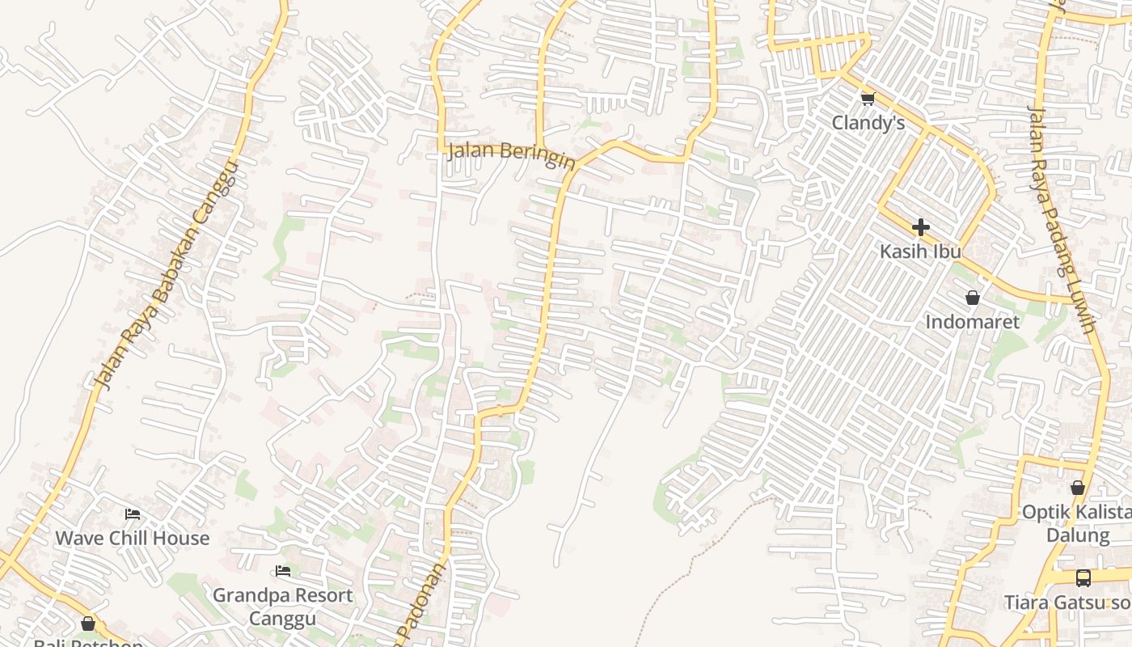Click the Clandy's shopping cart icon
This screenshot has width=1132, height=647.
[x=868, y=99]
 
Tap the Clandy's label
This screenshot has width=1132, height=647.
[x=868, y=123]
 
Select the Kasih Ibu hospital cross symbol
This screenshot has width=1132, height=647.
[x=920, y=227]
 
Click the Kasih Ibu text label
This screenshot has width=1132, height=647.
[x=920, y=251]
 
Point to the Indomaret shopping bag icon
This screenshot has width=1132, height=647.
[x=973, y=298]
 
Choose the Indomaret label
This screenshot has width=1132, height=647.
[x=972, y=321]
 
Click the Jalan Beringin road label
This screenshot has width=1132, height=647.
[x=511, y=153]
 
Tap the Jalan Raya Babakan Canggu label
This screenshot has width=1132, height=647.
[x=167, y=275]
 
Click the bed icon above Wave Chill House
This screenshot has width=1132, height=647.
[x=133, y=514]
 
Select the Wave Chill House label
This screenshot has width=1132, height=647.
[x=132, y=538]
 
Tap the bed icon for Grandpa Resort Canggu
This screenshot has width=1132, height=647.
[x=283, y=571]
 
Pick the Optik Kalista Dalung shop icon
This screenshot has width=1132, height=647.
[x=1077, y=488]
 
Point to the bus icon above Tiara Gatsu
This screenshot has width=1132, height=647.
[x=1083, y=578]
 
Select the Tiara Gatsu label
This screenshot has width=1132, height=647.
[x=1067, y=603]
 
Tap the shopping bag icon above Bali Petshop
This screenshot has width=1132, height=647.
[x=88, y=624]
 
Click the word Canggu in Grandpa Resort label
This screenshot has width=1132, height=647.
[x=282, y=619]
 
